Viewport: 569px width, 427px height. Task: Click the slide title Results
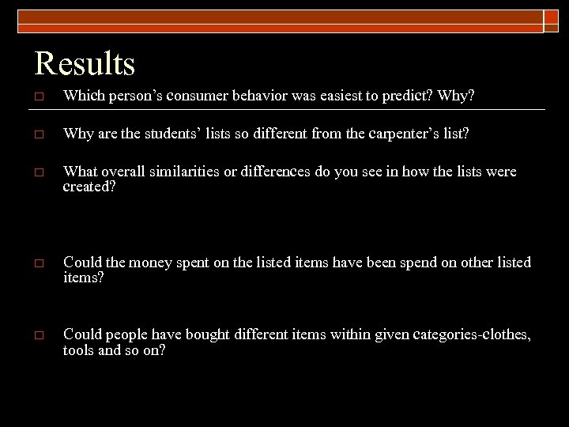coord(85,63)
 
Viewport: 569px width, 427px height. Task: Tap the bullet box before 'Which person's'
coord(39,96)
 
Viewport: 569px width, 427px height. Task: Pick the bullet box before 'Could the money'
coord(39,263)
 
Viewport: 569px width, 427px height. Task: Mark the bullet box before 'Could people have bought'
coord(39,335)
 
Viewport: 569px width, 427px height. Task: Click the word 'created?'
coord(89,186)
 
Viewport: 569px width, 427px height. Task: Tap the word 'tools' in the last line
coord(79,350)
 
